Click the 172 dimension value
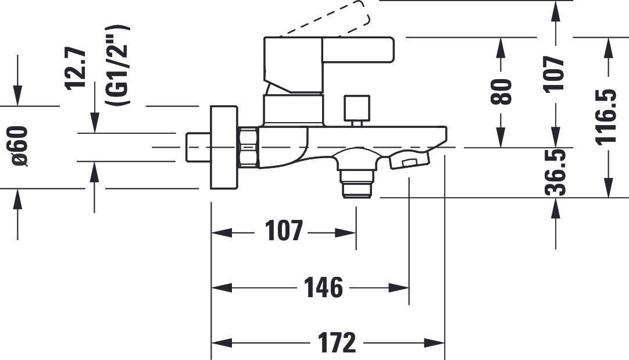coord(337,343)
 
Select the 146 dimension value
coord(323,287)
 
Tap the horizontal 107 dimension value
coord(284,231)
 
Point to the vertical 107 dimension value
coord(555,74)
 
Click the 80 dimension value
coord(502,92)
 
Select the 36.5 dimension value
coord(555,172)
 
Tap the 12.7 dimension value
coord(75,69)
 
